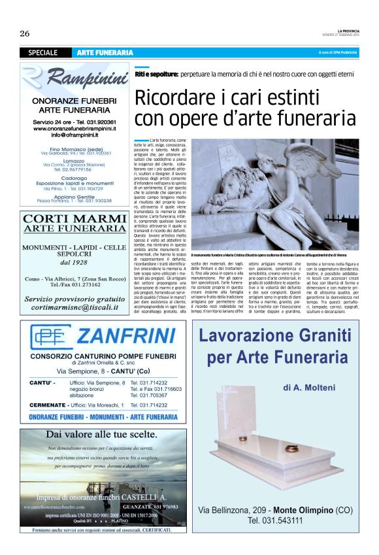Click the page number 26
pos(25,33)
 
